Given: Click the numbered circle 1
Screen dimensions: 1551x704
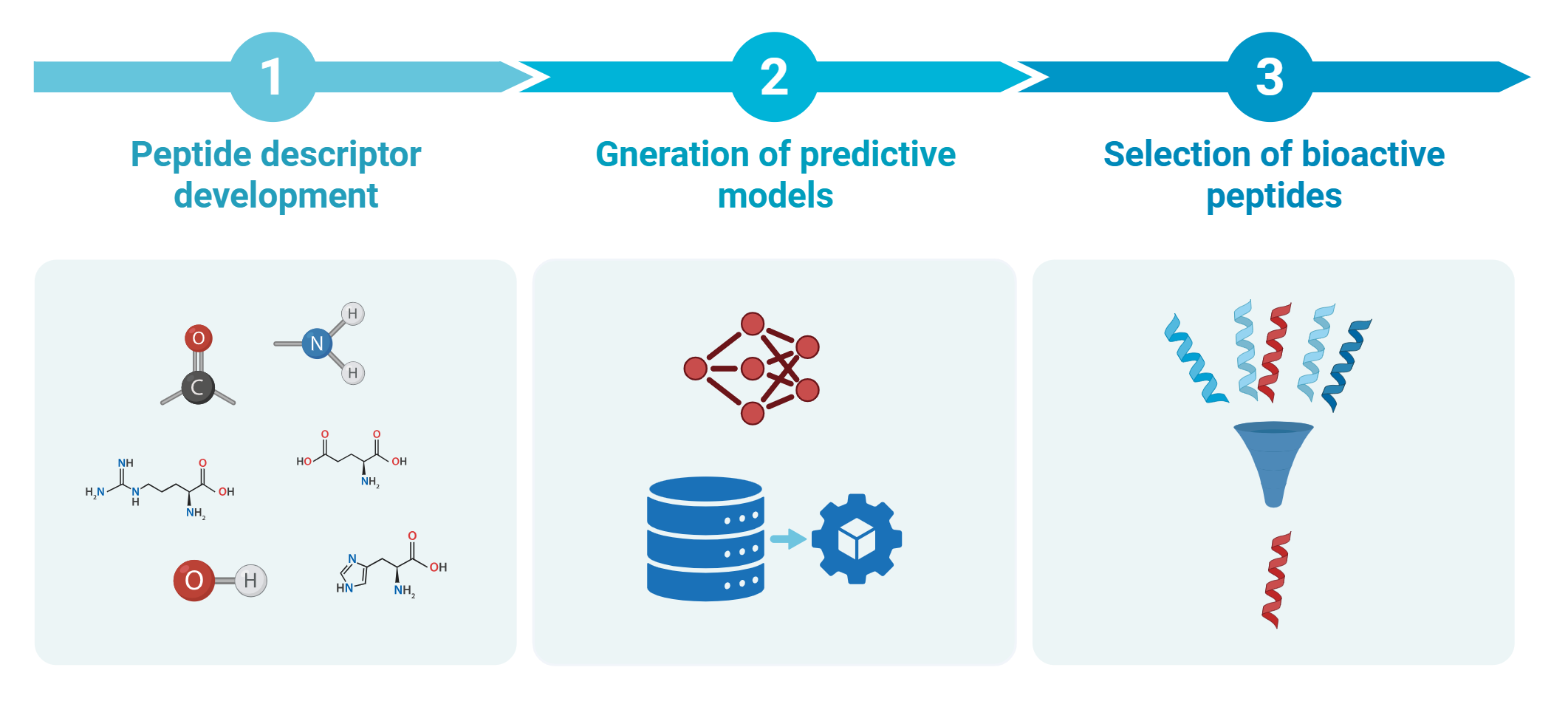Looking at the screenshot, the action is tap(273, 77).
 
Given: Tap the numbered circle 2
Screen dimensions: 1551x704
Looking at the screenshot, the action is tap(774, 77).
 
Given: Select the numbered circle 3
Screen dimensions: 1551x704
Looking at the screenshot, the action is tap(1270, 77).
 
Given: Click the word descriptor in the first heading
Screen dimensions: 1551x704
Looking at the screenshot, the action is tap(341, 155).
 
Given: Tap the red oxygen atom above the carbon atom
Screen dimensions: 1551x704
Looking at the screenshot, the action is tap(198, 338).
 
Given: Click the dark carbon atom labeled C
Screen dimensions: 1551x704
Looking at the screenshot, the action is tap(198, 387).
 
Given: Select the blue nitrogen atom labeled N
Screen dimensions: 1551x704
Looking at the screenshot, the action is tap(317, 344).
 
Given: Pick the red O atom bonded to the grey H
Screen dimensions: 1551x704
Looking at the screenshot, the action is tap(194, 580).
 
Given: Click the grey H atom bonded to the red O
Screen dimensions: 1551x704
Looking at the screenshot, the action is tap(250, 581).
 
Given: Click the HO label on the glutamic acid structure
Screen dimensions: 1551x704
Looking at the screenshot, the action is tap(304, 462).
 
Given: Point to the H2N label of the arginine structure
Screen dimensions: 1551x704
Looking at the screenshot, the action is tap(95, 492).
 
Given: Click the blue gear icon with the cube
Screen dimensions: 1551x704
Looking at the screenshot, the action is tap(857, 539).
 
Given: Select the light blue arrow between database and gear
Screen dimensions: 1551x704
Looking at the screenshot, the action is tap(788, 539).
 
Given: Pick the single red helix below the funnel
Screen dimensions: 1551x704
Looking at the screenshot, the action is tap(1276, 580).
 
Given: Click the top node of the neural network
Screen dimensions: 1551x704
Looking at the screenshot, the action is tap(752, 324).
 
